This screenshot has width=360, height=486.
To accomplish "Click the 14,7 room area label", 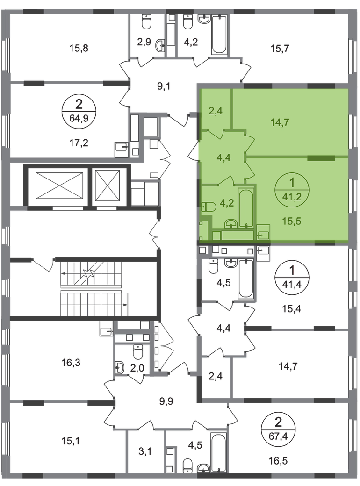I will pyautogui.click(x=280, y=123).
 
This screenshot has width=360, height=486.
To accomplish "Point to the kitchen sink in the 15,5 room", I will pyautogui.click(x=264, y=233).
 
